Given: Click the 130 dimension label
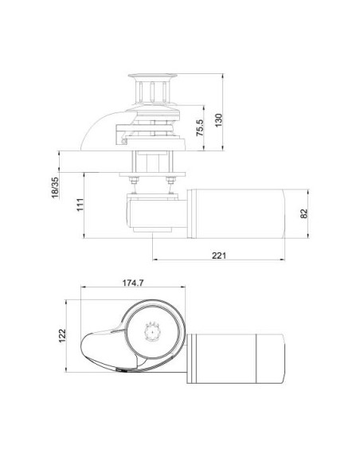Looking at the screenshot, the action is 218,120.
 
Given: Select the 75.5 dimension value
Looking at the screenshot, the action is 200,128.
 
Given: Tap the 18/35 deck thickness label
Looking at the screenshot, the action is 55,187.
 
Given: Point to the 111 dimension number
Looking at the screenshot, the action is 80,205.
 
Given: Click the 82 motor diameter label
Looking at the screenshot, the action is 304,213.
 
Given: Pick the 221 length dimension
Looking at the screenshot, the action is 219,256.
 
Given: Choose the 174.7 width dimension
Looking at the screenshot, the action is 133,283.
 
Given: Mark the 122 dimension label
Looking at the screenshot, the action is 62,336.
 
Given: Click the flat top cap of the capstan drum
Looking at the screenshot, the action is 152,76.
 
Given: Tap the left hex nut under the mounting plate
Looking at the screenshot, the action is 134,180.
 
